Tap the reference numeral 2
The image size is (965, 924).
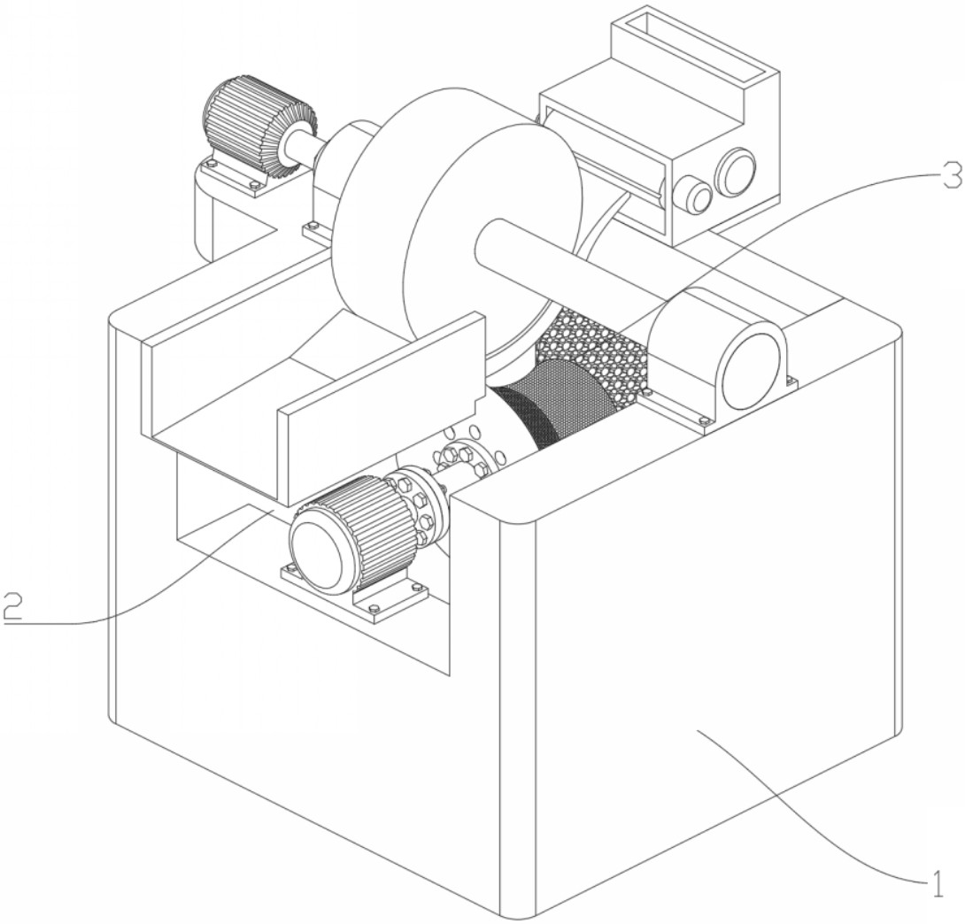[x=12, y=606]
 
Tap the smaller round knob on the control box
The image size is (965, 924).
[x=693, y=195]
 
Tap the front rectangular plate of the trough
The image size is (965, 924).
[x=381, y=409]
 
